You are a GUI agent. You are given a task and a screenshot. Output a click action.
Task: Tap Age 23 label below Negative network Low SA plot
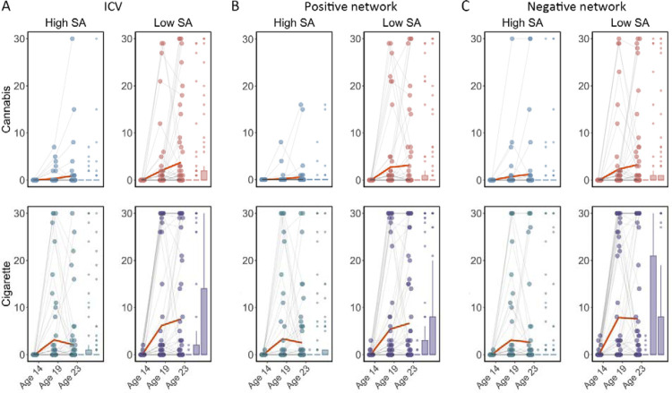pyautogui.click(x=628, y=375)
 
